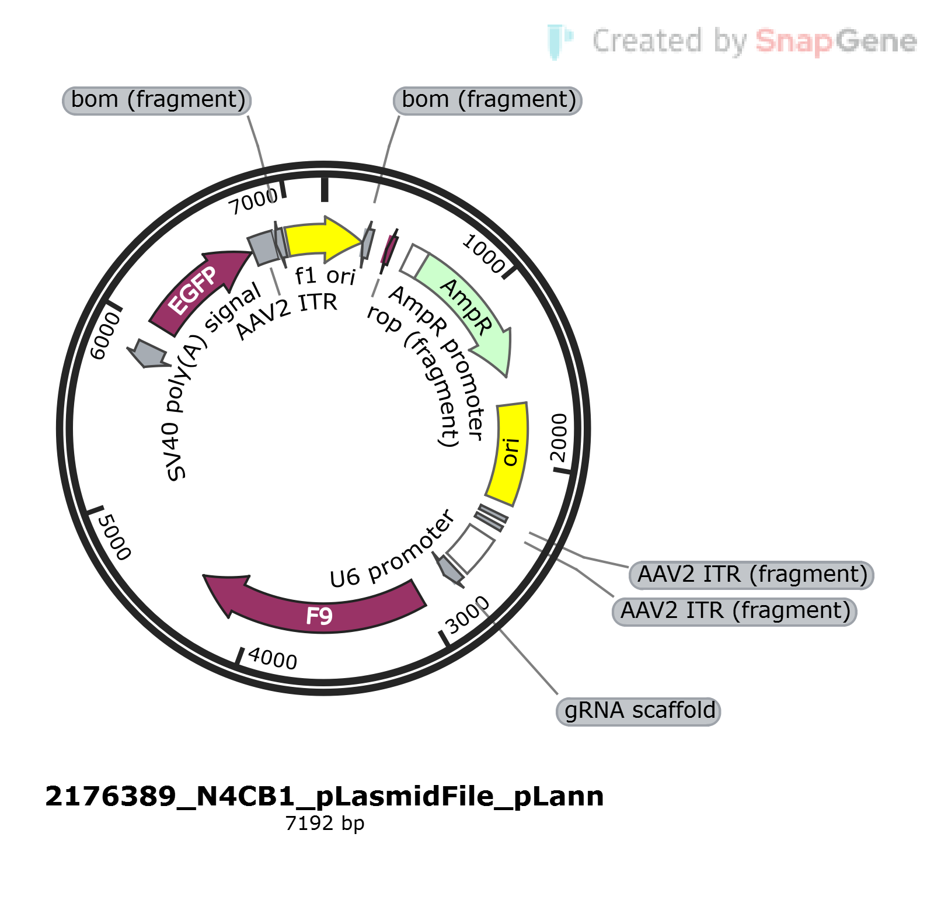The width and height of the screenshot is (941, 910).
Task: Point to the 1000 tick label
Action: (483, 253)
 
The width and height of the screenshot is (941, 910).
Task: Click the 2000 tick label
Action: (559, 437)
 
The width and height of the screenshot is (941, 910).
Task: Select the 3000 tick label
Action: (468, 614)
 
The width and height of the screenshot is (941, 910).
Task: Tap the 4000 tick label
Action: (273, 658)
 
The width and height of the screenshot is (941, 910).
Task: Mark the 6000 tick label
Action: (106, 336)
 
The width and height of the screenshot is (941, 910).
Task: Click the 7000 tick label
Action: (253, 202)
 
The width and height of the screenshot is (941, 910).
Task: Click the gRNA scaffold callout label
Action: (639, 711)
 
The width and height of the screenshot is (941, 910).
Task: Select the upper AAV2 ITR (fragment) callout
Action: (751, 575)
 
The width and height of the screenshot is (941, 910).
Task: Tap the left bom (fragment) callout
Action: (157, 100)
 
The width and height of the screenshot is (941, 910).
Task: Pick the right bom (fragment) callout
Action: (488, 100)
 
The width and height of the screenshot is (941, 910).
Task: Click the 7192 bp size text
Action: (325, 823)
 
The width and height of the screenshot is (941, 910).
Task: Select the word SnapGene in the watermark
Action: (836, 41)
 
